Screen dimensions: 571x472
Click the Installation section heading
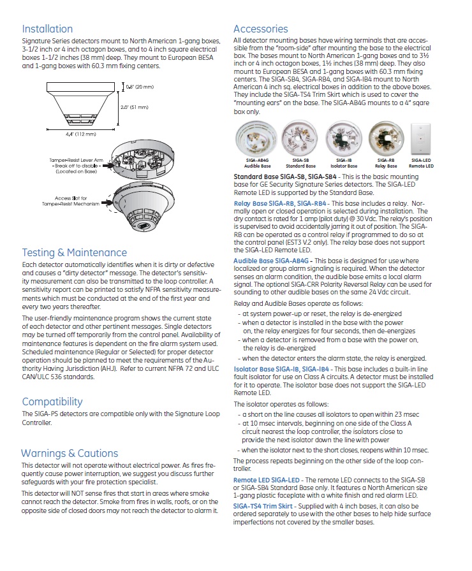pyautogui.click(x=47, y=29)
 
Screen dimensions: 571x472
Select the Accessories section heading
pyautogui.click(x=260, y=29)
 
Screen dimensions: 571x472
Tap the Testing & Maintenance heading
pyautogui.click(x=74, y=252)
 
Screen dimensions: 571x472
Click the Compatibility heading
pyautogui.click(x=52, y=401)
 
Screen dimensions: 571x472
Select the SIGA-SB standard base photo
pyautogui.click(x=295, y=138)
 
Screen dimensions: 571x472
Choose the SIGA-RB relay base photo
pyautogui.click(x=385, y=138)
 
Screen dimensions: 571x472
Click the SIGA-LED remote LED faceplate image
pyautogui.click(x=421, y=138)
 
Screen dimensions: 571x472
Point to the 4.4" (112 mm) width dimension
pyautogui.click(x=81, y=134)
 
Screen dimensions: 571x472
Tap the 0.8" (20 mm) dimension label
pyautogui.click(x=138, y=86)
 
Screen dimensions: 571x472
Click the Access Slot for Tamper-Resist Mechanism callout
pyautogui.click(x=71, y=201)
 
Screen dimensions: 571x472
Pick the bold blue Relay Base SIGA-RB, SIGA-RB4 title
pyautogui.click(x=280, y=203)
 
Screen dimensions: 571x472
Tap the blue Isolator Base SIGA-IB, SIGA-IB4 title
pyautogui.click(x=281, y=369)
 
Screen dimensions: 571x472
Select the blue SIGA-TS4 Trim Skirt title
pyautogui.click(x=263, y=505)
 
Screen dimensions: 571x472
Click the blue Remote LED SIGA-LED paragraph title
pyautogui.click(x=267, y=480)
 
